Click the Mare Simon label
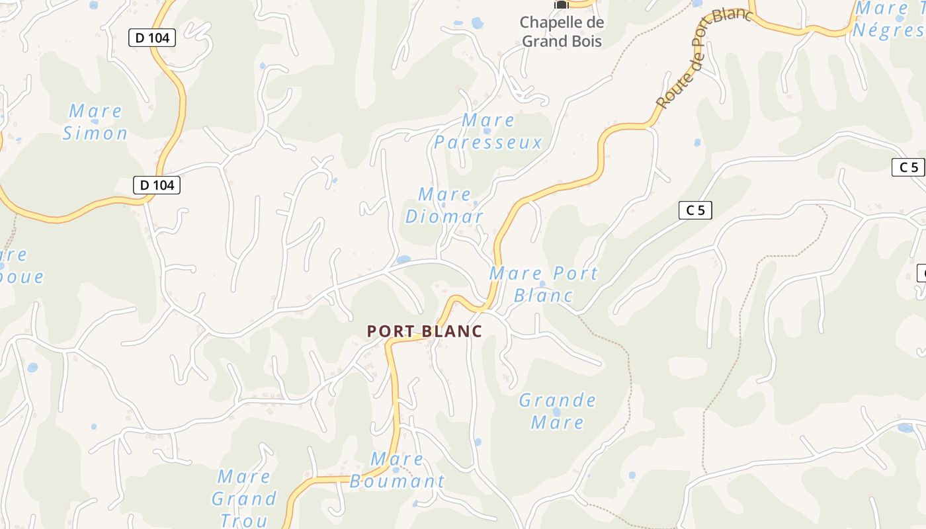click(x=95, y=122)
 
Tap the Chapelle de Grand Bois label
click(x=561, y=32)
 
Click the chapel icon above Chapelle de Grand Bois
click(x=561, y=5)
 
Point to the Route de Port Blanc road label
click(x=702, y=60)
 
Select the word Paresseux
click(x=488, y=142)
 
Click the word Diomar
click(x=444, y=217)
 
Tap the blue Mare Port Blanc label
click(x=543, y=284)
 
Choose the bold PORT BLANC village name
click(x=425, y=331)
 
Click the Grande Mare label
click(x=557, y=411)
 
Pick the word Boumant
click(x=397, y=481)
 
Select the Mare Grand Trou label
click(x=243, y=498)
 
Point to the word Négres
click(x=888, y=30)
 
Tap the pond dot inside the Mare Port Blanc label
click(x=542, y=284)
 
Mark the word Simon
click(x=95, y=133)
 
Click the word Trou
click(x=243, y=520)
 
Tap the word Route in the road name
click(x=669, y=93)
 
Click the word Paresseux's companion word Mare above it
click(x=488, y=120)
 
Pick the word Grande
click(x=557, y=400)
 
